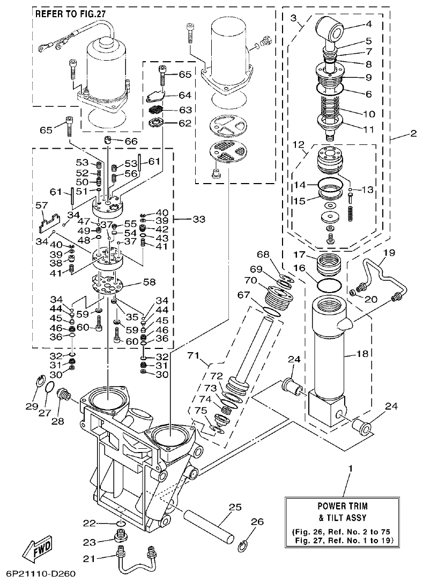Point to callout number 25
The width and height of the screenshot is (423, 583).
[235, 506]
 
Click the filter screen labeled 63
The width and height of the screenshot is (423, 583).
[155, 110]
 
